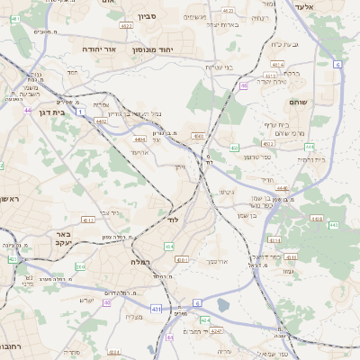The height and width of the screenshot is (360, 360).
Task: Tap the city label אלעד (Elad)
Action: (x=327, y=6)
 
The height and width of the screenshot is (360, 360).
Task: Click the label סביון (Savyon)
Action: (x=148, y=17)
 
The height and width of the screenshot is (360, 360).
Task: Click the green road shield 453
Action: (x=234, y=148)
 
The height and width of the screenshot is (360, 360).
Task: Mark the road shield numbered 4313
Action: (x=88, y=220)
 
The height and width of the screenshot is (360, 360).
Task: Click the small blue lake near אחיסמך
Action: (x=223, y=305)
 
